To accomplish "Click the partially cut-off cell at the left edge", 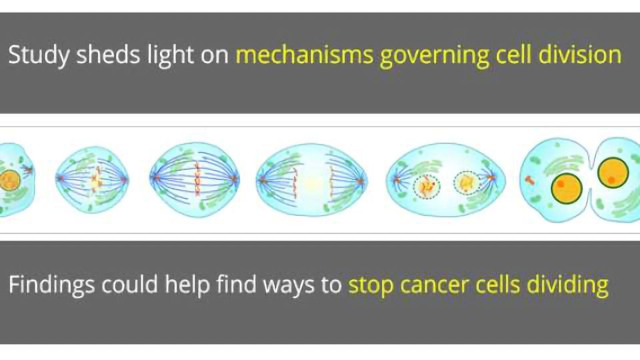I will tap(15, 179).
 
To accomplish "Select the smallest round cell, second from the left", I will tap(92, 179).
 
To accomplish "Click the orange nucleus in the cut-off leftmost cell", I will tap(9, 180).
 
